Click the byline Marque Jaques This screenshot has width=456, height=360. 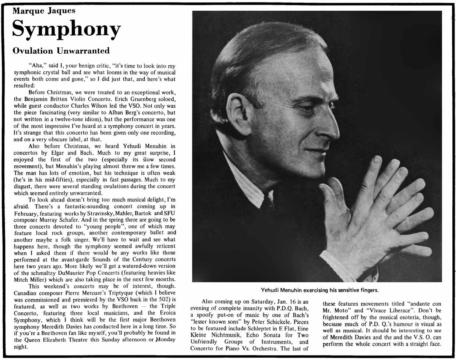pos(44,10)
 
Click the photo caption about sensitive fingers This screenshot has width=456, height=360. pos(319,290)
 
